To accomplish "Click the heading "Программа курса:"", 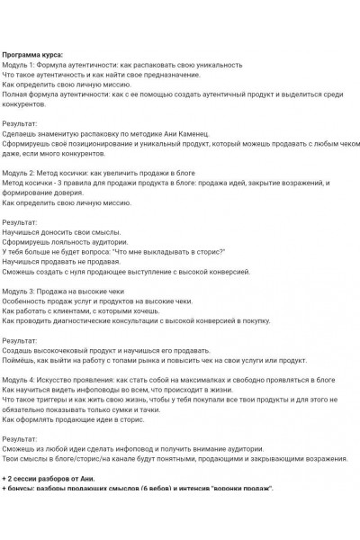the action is pos(31,54).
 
